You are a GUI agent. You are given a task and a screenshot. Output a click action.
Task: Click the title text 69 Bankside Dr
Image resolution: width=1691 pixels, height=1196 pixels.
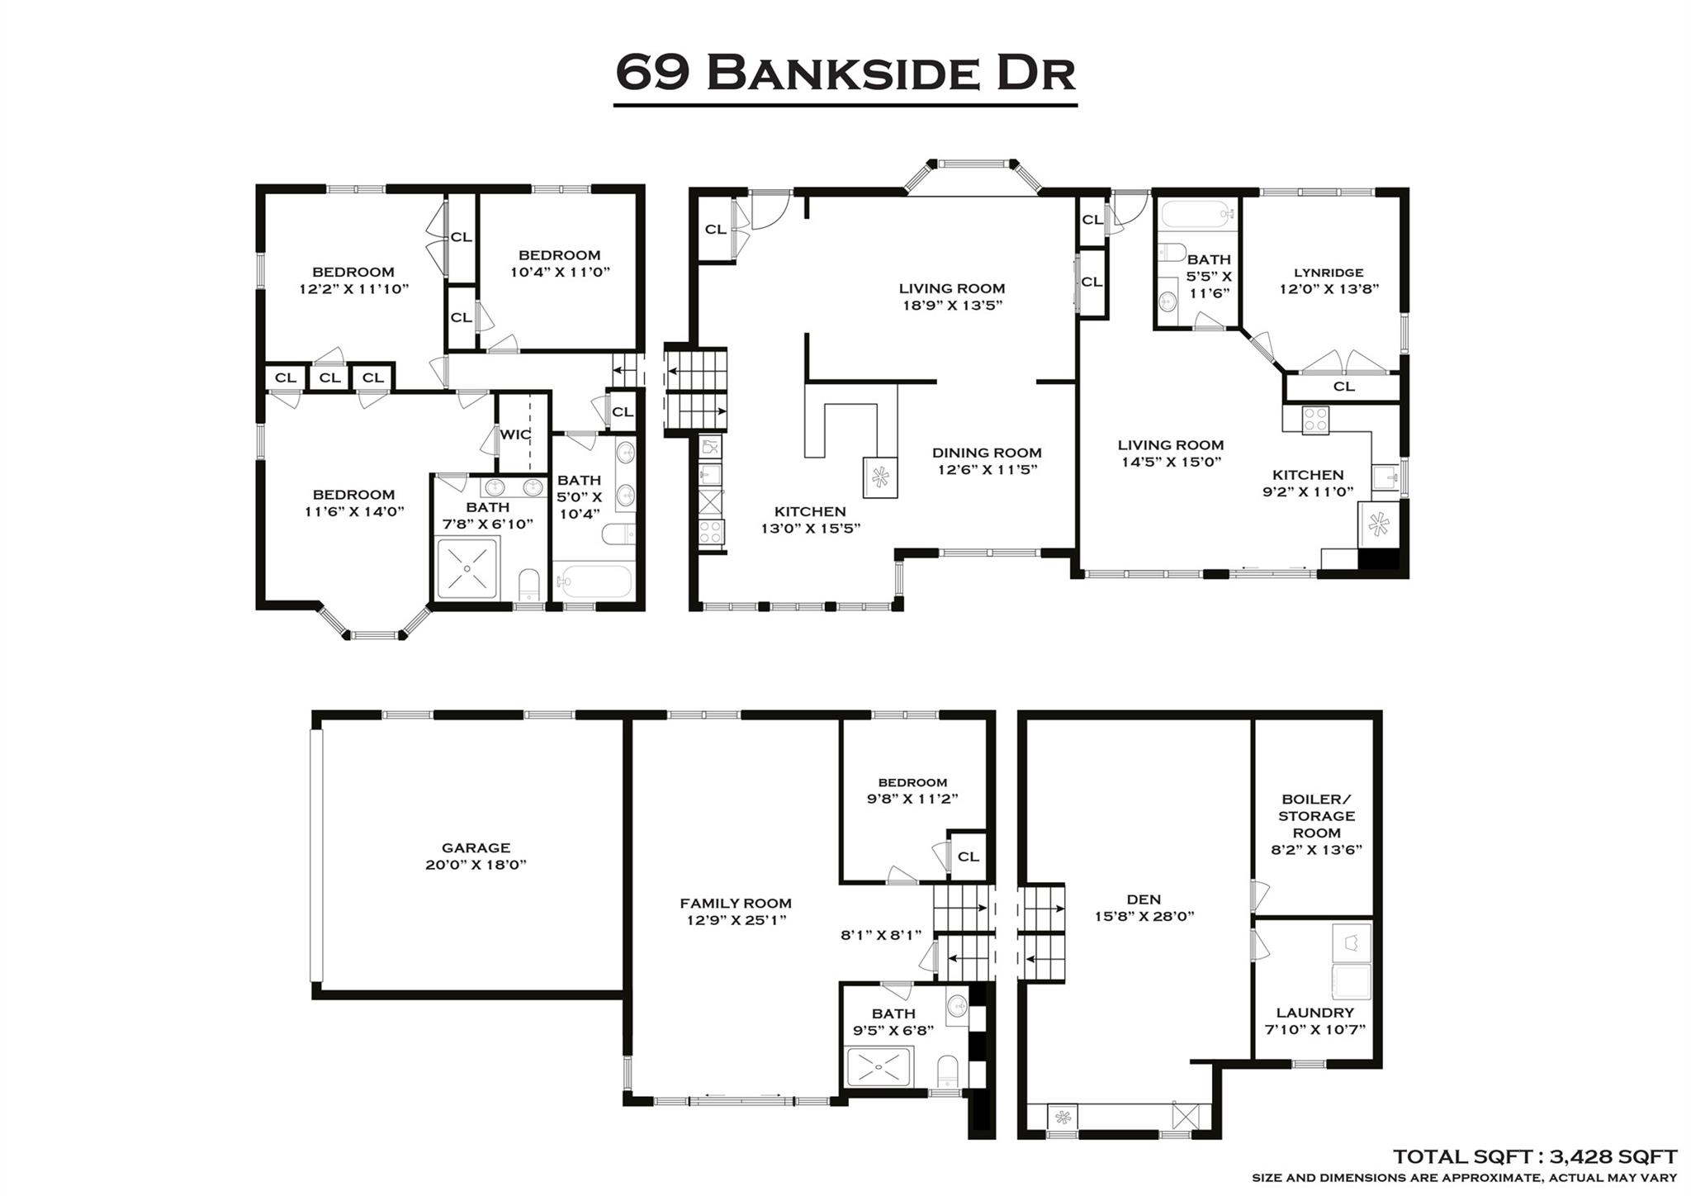(845, 73)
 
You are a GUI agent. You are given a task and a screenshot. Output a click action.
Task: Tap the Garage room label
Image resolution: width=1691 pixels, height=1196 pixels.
(476, 847)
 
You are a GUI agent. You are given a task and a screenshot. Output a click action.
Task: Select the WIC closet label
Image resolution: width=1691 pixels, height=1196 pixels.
(515, 434)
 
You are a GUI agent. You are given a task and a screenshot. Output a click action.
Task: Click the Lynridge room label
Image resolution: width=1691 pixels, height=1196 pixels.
(1329, 273)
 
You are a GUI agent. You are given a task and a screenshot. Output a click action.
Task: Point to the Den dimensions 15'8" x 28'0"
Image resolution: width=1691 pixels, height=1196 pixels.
(1143, 916)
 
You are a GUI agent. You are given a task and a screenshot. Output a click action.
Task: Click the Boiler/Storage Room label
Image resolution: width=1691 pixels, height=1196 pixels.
(1316, 816)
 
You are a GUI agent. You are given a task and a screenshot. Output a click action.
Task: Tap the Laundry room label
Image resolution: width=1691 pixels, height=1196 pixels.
(1314, 1013)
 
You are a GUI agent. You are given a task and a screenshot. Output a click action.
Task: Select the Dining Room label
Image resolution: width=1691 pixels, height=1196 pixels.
(987, 453)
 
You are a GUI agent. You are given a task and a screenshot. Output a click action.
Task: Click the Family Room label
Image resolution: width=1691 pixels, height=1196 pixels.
(735, 904)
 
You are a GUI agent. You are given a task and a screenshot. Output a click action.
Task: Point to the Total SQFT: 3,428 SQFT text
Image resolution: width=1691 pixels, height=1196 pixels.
(1534, 1156)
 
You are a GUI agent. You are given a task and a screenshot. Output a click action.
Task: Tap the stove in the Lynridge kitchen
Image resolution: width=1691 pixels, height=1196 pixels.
(1315, 420)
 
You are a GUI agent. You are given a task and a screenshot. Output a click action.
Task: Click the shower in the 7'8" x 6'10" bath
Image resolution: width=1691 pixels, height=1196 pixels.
(467, 568)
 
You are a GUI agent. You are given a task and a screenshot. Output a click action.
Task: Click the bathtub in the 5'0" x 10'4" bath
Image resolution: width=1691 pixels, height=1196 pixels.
(594, 581)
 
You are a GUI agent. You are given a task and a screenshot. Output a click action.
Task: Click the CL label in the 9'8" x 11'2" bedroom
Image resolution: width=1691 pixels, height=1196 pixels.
(968, 857)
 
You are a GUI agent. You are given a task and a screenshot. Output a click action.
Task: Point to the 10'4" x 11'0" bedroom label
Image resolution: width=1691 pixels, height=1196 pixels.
(559, 255)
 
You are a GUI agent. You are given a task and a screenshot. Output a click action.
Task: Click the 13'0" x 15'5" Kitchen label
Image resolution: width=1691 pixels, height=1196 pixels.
(810, 512)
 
